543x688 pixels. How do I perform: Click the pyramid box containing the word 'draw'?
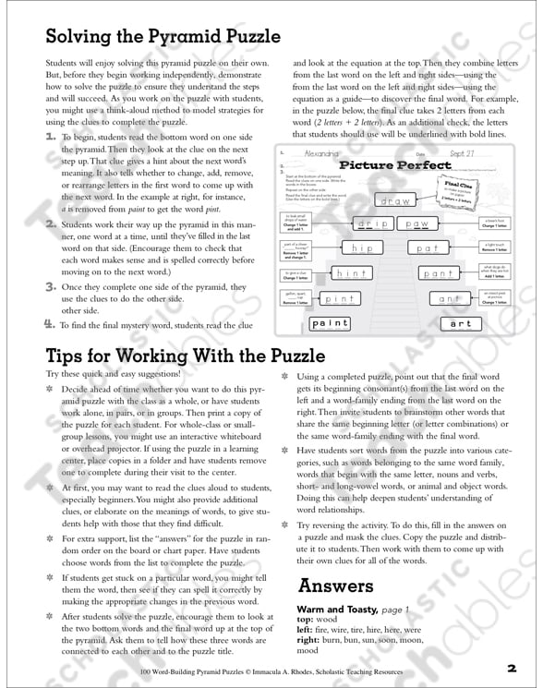pos(394,199)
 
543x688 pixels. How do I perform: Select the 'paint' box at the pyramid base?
pos(331,323)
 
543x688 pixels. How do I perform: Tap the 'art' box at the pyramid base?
pos(461,323)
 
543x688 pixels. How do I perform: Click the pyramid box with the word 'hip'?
pos(362,248)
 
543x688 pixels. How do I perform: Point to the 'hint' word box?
pos(350,272)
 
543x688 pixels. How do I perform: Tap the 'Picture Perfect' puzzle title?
pos(395,165)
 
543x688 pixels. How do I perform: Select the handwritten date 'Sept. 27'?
pos(462,154)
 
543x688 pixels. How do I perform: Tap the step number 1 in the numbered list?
pos(50,136)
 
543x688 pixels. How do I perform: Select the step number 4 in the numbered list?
pos(50,323)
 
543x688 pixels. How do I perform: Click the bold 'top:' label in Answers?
pos(306,622)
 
